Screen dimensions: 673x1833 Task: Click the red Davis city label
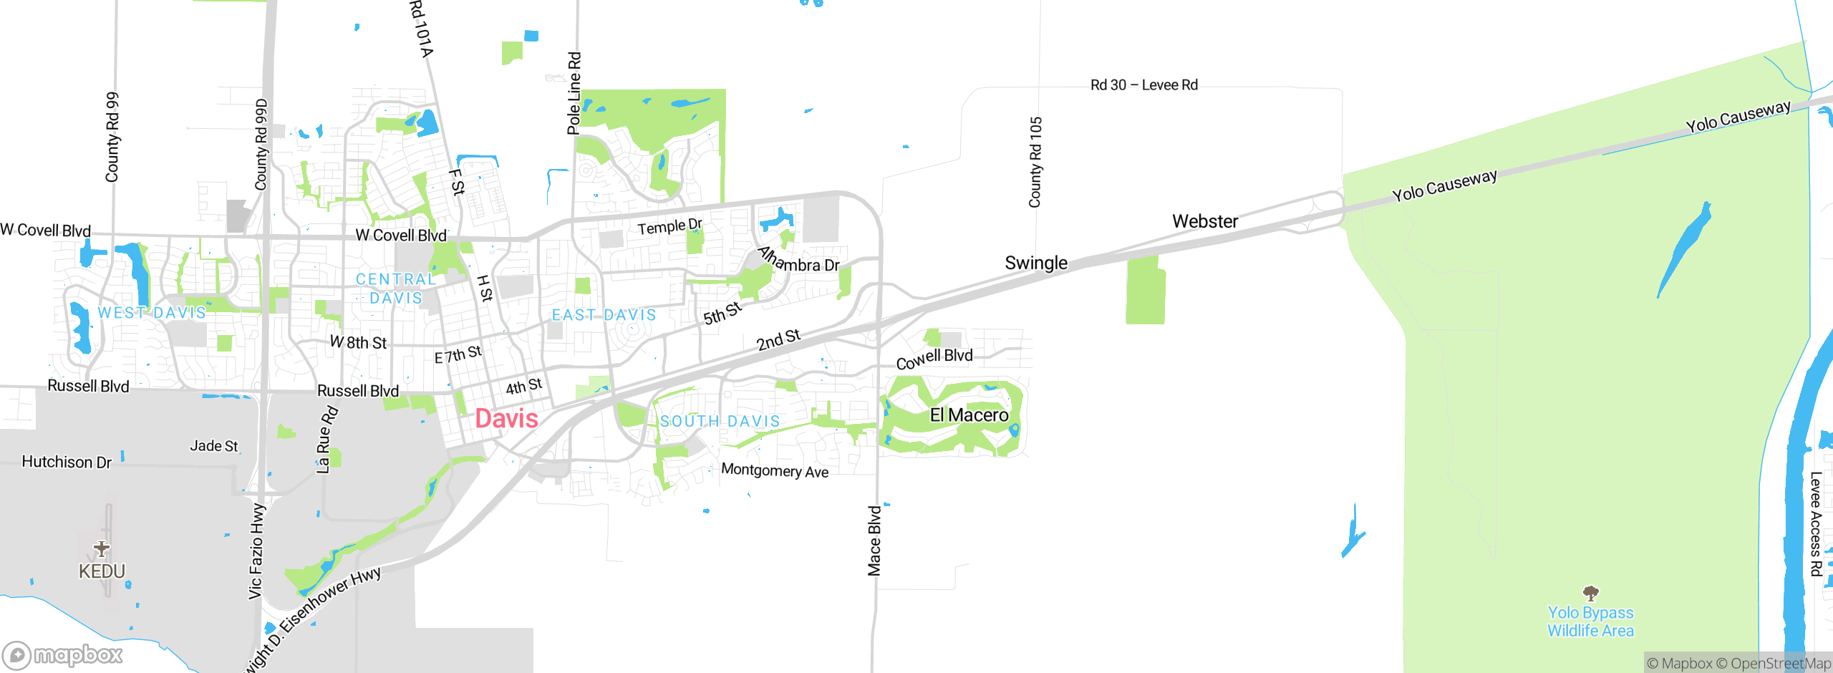[506, 419]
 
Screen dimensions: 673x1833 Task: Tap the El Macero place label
[969, 415]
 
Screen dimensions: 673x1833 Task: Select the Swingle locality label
[1035, 263]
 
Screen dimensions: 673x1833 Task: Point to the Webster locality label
[1205, 221]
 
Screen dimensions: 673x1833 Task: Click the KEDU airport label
[102, 571]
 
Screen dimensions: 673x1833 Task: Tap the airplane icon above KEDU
[102, 548]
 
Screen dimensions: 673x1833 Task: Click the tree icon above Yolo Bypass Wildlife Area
[1590, 593]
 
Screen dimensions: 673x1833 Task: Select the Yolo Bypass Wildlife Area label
[1590, 621]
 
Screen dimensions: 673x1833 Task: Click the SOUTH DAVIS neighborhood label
[720, 421]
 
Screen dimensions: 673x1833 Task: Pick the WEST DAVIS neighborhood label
[152, 313]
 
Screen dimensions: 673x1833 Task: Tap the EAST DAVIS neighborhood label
[604, 315]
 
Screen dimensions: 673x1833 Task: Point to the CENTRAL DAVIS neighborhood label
[396, 289]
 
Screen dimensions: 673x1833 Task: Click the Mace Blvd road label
[874, 541]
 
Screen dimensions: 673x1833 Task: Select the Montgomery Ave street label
[775, 470]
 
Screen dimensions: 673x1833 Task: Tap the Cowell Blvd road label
[934, 358]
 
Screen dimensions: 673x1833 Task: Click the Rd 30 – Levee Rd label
[1143, 85]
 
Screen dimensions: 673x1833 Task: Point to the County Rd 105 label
[1035, 163]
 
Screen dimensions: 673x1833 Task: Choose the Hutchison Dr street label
[67, 462]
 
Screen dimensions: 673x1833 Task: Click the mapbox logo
[63, 654]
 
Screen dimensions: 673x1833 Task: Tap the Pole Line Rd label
[574, 93]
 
